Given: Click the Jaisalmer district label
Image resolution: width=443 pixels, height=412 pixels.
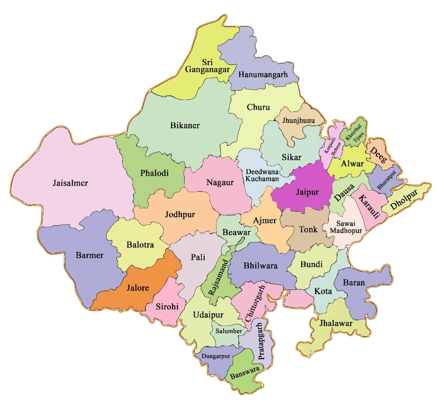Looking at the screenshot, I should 70,183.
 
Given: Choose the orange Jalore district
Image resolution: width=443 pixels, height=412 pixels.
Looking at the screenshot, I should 138,288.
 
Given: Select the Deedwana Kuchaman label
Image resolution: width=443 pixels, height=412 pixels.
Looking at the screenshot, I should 262,175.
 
